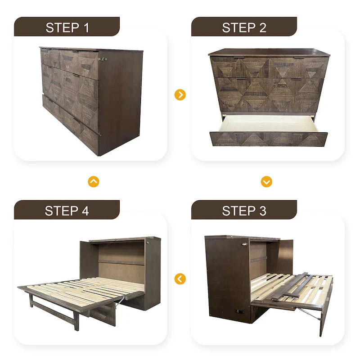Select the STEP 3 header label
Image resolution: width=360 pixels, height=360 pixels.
(x=244, y=211)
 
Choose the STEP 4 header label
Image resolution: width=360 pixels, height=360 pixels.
(x=67, y=211)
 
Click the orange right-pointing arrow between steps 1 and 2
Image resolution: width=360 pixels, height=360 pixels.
(x=180, y=95)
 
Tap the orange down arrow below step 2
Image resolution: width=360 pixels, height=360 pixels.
(x=266, y=182)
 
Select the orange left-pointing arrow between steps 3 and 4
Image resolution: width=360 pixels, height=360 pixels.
(x=180, y=279)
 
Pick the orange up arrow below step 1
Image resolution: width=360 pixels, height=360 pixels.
(x=94, y=182)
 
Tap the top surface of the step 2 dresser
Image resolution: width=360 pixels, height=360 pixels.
(x=269, y=52)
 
